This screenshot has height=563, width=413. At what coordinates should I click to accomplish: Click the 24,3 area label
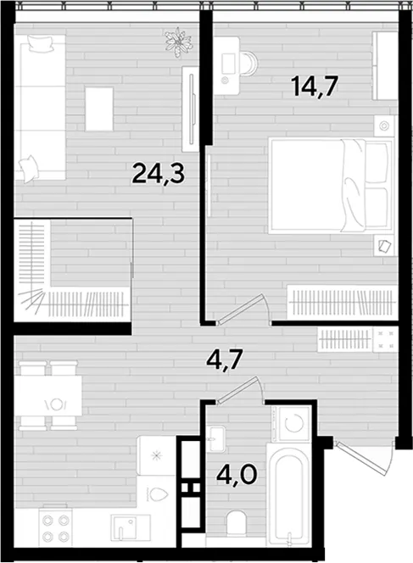pyautogui.click(x=159, y=174)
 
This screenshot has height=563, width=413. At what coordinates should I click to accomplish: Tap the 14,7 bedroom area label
pyautogui.click(x=315, y=87)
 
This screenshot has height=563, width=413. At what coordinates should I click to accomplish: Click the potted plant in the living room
pyautogui.click(x=178, y=42)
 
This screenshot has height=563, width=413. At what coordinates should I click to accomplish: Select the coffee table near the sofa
pyautogui.click(x=99, y=109)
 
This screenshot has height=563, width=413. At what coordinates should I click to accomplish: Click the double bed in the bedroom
pyautogui.click(x=331, y=187)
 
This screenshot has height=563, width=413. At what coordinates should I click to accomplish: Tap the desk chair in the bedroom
pyautogui.click(x=248, y=64)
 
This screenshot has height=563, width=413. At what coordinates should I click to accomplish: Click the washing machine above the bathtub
pyautogui.click(x=292, y=424)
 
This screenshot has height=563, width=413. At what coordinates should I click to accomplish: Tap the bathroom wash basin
pyautogui.click(x=216, y=438)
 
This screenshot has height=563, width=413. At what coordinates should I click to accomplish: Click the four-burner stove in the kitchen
pyautogui.click(x=56, y=527)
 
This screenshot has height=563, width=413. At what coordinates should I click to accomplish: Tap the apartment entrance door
pyautogui.click(x=364, y=458)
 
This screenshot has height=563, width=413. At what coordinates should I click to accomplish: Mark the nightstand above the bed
pyautogui.click(x=384, y=125)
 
